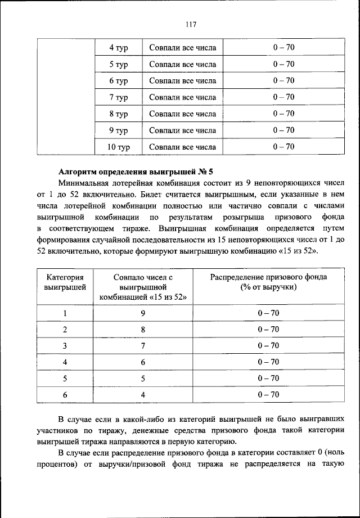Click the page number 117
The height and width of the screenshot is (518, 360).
(x=190, y=24)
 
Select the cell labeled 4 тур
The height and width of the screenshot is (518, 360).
(x=119, y=48)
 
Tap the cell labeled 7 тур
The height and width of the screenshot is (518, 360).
(x=119, y=98)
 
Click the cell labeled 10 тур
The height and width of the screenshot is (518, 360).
(x=119, y=147)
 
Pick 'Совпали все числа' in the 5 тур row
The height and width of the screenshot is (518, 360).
(x=182, y=65)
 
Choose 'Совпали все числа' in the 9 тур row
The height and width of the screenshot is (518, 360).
(x=182, y=130)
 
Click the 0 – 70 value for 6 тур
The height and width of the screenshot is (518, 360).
(x=283, y=81)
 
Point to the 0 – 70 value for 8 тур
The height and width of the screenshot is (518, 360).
(x=283, y=114)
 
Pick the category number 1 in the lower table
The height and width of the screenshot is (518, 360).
(x=65, y=313)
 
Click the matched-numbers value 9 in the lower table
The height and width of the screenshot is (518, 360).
(x=143, y=313)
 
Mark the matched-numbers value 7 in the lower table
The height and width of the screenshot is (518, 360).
(x=143, y=346)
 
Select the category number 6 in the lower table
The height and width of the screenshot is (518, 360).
(x=65, y=395)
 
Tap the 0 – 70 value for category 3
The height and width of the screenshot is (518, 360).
(x=268, y=346)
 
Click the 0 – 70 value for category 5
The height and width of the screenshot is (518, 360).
(x=268, y=379)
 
